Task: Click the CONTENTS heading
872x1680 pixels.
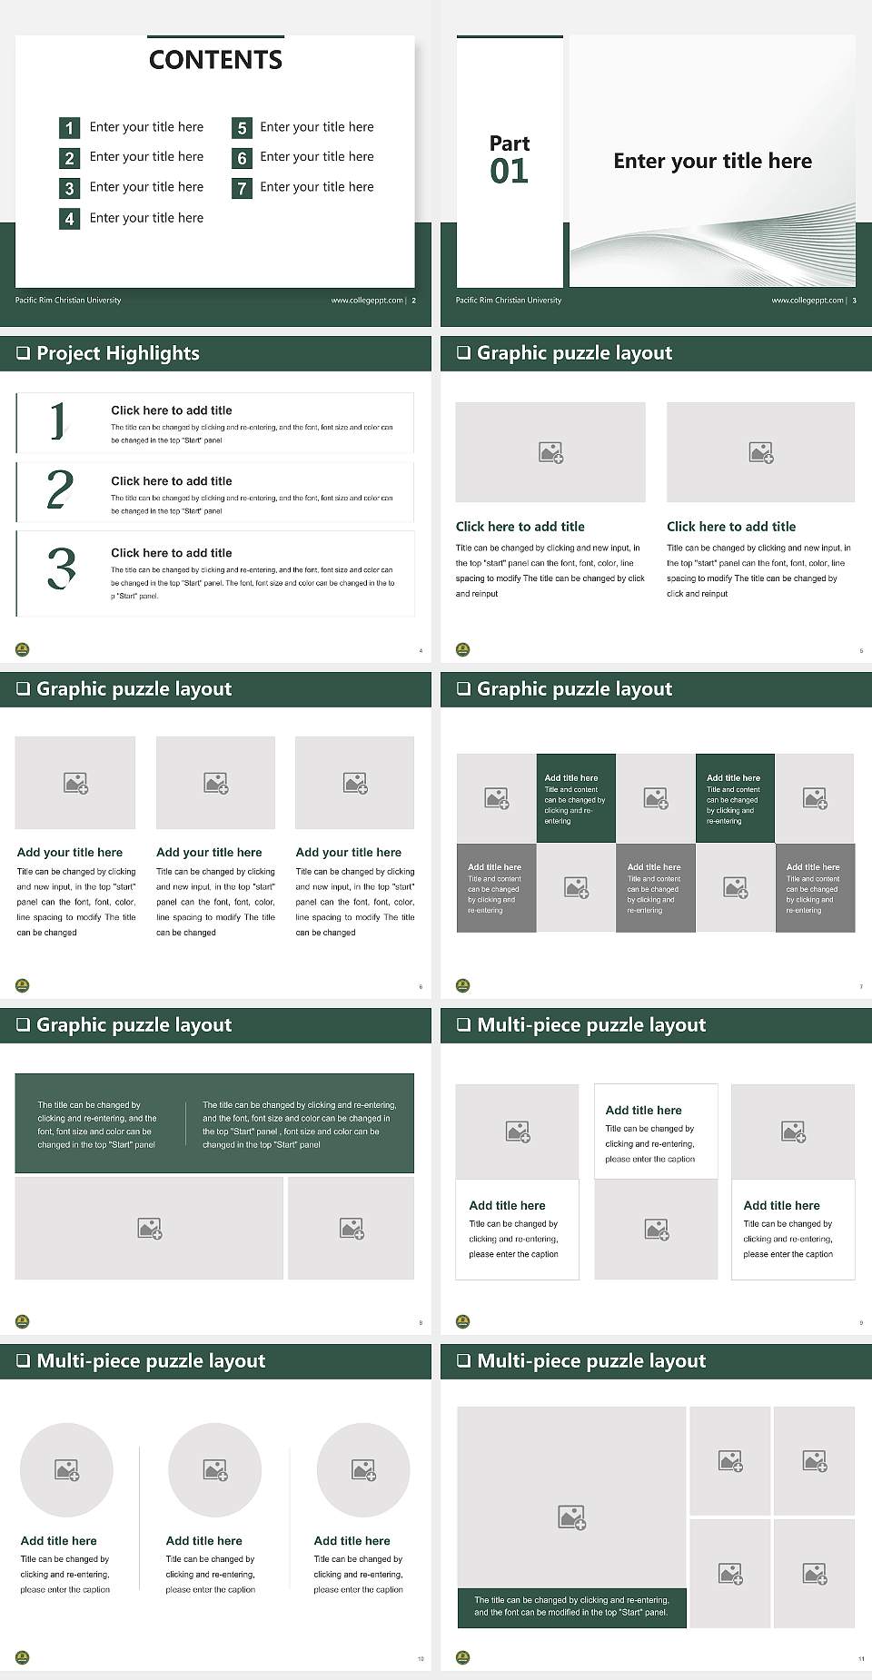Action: pyautogui.click(x=215, y=60)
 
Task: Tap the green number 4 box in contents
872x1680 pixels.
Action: pyautogui.click(x=69, y=219)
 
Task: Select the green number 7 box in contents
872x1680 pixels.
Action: pyautogui.click(x=242, y=189)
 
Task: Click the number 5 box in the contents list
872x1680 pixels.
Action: pyautogui.click(x=242, y=128)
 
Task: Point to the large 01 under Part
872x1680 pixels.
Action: pyautogui.click(x=509, y=172)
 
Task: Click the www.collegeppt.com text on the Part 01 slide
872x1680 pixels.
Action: pyautogui.click(x=807, y=301)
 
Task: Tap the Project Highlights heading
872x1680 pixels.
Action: pyautogui.click(x=118, y=353)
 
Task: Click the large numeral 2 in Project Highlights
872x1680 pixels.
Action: pyautogui.click(x=60, y=489)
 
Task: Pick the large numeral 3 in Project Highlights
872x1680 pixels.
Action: pyautogui.click(x=61, y=569)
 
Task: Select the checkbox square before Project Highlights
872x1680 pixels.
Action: pyautogui.click(x=23, y=353)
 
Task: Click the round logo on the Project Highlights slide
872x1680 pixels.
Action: pyautogui.click(x=23, y=649)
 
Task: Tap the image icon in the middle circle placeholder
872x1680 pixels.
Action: pyautogui.click(x=215, y=1469)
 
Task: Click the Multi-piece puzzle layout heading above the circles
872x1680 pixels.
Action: pyautogui.click(x=151, y=1361)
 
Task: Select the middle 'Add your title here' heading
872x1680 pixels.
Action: pyautogui.click(x=209, y=853)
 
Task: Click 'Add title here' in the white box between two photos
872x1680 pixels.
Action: pyautogui.click(x=643, y=1111)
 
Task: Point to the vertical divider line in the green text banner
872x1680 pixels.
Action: pyautogui.click(x=186, y=1124)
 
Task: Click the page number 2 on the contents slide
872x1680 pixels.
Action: pyautogui.click(x=414, y=301)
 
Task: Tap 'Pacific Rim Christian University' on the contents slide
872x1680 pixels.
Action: pyautogui.click(x=68, y=301)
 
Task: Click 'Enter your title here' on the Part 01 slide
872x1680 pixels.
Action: pyautogui.click(x=712, y=162)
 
